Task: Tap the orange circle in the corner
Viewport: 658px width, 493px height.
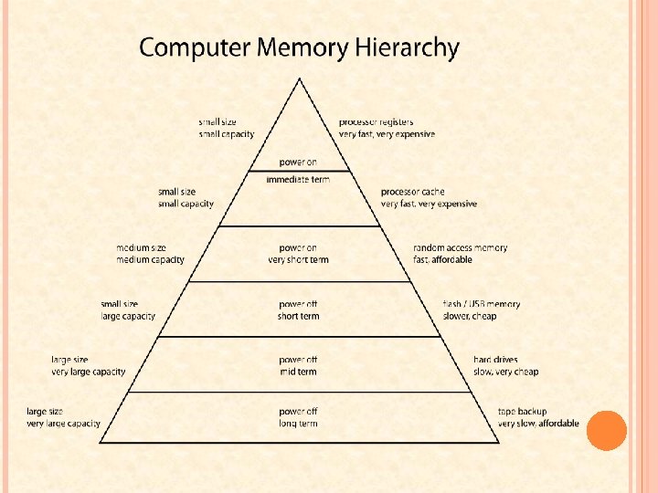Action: (x=607, y=430)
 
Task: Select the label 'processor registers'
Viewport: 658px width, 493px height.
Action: (x=376, y=122)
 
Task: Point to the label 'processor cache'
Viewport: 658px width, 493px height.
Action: (x=413, y=193)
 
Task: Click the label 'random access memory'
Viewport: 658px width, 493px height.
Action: (x=460, y=247)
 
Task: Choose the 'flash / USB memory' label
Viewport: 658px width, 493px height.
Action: (x=481, y=304)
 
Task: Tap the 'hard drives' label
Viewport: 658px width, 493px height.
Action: (x=495, y=360)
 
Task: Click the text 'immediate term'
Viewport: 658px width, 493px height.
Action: (x=298, y=180)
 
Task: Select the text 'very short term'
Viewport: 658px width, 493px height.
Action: (x=298, y=260)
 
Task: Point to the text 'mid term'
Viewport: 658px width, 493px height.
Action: (x=298, y=372)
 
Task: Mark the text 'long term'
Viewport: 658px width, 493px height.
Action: (x=298, y=425)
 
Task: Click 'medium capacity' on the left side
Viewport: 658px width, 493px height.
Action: (x=150, y=260)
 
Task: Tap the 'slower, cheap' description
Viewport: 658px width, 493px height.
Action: (x=470, y=317)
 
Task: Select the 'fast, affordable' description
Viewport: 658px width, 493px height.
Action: (x=443, y=260)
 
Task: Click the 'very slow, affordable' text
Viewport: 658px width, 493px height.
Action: (x=538, y=424)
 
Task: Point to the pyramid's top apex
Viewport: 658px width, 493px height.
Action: (x=299, y=79)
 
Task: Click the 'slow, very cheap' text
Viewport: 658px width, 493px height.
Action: (x=505, y=372)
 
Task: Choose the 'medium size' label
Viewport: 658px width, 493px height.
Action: (x=141, y=247)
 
